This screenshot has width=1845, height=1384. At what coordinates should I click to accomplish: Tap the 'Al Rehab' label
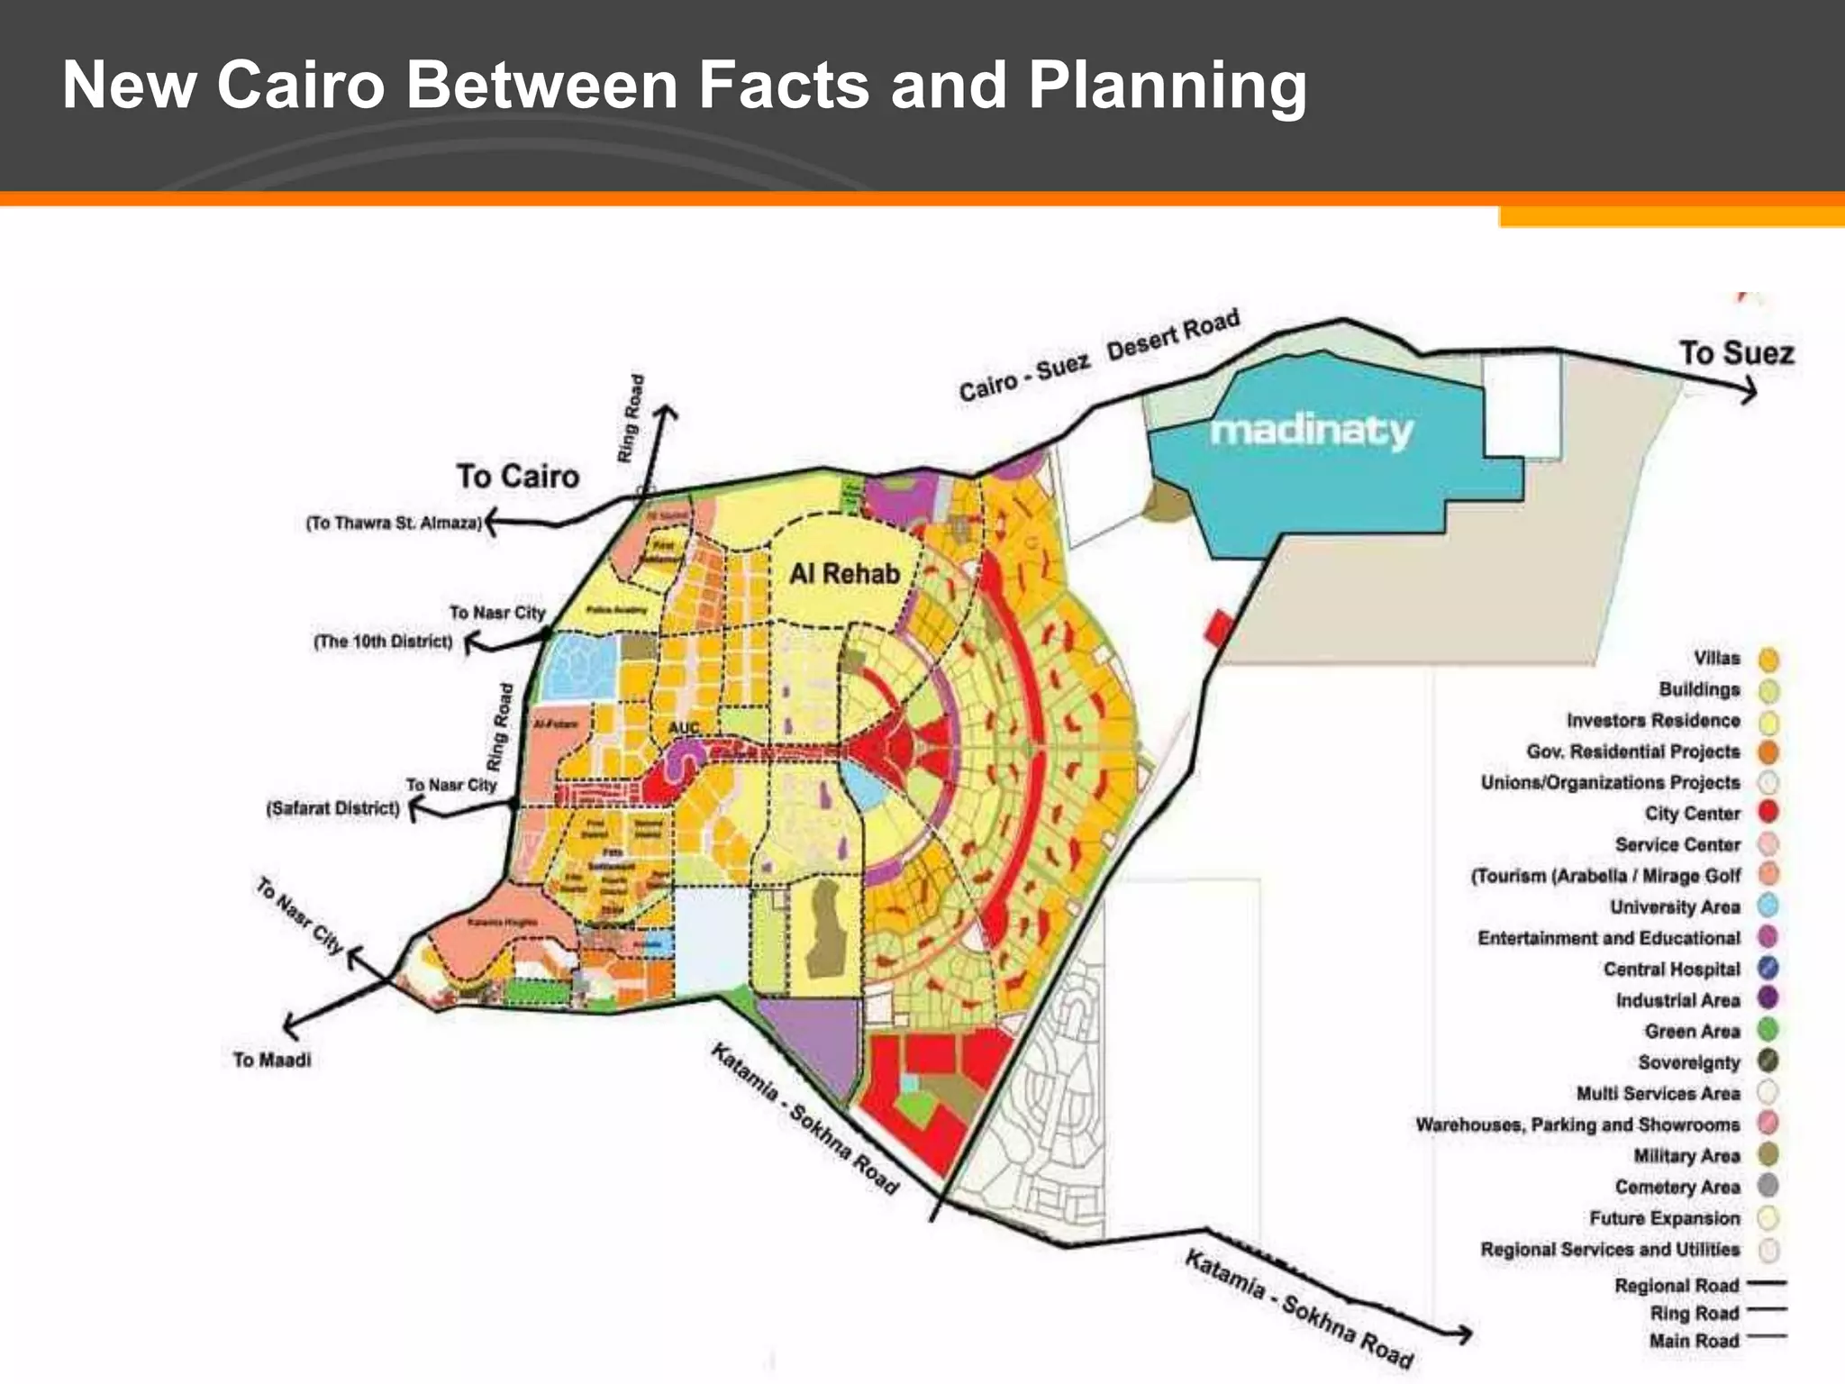pyautogui.click(x=844, y=574)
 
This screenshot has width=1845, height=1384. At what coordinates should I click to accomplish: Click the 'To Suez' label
pyautogui.click(x=1736, y=352)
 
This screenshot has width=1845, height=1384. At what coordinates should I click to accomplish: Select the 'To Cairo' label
pyautogui.click(x=517, y=476)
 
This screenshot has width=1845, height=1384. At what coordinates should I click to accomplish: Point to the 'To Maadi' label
pyautogui.click(x=272, y=1060)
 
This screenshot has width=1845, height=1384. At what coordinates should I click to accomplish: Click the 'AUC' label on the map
pyautogui.click(x=684, y=728)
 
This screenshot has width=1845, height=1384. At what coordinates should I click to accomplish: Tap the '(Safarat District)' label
pyautogui.click(x=333, y=808)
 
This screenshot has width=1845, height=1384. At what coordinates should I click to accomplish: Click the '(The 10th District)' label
pyautogui.click(x=383, y=642)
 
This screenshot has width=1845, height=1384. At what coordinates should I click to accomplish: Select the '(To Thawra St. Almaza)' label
pyautogui.click(x=394, y=523)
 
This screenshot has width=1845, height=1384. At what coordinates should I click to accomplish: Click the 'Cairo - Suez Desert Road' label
pyautogui.click(x=1099, y=355)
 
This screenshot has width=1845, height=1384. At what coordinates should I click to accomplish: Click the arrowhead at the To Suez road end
pyautogui.click(x=1750, y=390)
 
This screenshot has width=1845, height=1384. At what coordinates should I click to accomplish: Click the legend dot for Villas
pyautogui.click(x=1768, y=660)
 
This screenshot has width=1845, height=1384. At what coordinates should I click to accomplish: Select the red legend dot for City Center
pyautogui.click(x=1768, y=812)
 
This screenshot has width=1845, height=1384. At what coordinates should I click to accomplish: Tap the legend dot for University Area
pyautogui.click(x=1768, y=906)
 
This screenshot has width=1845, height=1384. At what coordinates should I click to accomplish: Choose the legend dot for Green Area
pyautogui.click(x=1768, y=1029)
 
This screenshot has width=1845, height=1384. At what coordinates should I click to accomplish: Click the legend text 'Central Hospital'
pyautogui.click(x=1671, y=969)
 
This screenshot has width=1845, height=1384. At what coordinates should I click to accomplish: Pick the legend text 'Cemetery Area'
pyautogui.click(x=1677, y=1187)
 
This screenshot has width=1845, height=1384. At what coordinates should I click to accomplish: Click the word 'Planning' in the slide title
pyautogui.click(x=1167, y=86)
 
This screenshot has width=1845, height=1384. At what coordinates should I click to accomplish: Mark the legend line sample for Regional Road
pyautogui.click(x=1766, y=1282)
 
